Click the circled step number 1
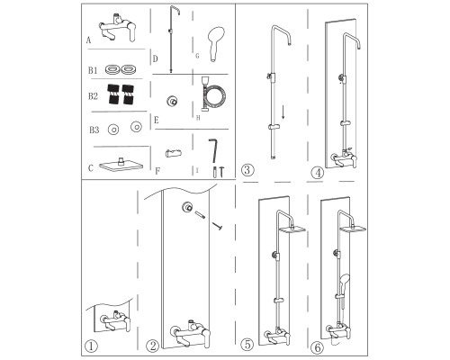[x=92, y=346]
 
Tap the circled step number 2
[x=152, y=346]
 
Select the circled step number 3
[x=247, y=170]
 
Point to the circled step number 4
[x=318, y=173]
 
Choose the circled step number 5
[x=247, y=345]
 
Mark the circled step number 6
[x=318, y=348]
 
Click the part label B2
[x=93, y=96]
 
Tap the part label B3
[x=94, y=130]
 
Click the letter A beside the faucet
[x=88, y=40]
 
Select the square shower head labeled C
[x=121, y=166]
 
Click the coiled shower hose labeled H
[x=212, y=94]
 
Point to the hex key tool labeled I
[x=213, y=150]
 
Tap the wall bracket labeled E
[x=172, y=101]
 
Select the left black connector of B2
[x=113, y=94]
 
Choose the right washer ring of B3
[x=136, y=127]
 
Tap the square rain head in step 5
[x=292, y=229]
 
